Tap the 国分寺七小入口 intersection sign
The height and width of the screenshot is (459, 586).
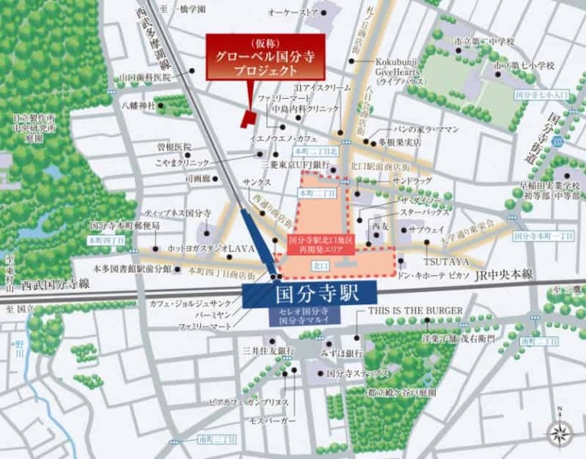tap(542, 94)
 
